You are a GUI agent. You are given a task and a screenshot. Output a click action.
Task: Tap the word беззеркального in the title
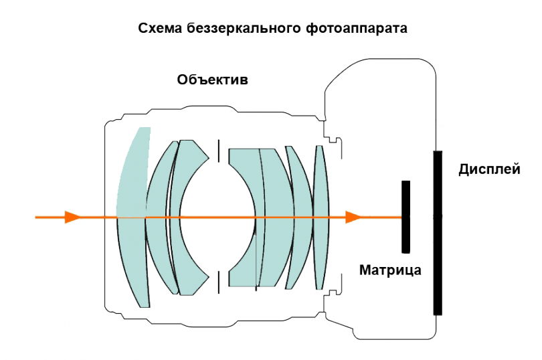point(244,28)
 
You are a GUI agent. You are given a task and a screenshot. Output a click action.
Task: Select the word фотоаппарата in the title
point(357,29)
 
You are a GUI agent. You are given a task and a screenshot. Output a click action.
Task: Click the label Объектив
point(213,80)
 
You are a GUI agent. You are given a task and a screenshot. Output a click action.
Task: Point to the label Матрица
point(390,270)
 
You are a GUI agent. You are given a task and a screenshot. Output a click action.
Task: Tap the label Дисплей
point(489,169)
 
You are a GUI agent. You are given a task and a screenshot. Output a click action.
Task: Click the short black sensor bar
point(405,217)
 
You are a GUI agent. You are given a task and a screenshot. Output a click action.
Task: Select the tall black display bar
point(438,233)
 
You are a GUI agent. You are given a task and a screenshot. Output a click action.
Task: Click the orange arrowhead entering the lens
point(72,217)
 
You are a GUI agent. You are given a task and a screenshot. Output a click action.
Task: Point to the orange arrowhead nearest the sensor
point(353,217)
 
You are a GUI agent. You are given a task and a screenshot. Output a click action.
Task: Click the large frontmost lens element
point(133,217)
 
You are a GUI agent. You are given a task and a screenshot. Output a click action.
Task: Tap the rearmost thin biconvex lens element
point(321,217)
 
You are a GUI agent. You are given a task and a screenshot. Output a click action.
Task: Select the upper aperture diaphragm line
point(218,151)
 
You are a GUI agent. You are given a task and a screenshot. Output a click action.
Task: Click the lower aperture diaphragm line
point(218,282)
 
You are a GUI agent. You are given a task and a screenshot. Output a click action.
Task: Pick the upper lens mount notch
point(333,139)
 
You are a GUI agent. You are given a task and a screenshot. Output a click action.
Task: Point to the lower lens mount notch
point(333,294)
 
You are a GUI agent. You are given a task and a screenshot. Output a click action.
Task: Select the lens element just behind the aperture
point(244,217)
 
